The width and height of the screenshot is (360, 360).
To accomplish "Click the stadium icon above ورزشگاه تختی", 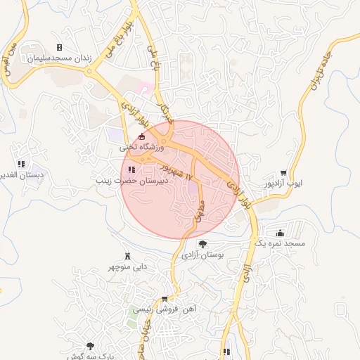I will click(x=142, y=136).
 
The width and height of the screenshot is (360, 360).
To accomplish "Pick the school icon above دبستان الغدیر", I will click(x=21, y=164).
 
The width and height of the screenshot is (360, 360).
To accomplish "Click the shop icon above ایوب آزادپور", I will click(x=283, y=172).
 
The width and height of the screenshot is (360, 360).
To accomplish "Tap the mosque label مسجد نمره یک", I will click(x=279, y=243).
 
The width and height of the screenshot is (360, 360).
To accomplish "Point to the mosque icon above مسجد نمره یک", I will click(x=281, y=233).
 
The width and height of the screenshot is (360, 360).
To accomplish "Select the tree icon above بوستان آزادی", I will click(x=203, y=244).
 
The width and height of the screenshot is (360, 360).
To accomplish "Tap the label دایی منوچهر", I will click(x=127, y=267).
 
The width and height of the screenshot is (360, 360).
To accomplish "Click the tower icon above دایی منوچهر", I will click(x=127, y=255).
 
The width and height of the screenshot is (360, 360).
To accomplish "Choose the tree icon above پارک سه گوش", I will click(x=90, y=345).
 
